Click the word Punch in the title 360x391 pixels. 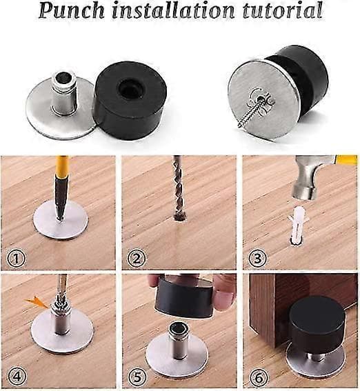click(72, 10)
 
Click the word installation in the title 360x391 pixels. click(174, 10)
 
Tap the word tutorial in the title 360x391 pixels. click(283, 10)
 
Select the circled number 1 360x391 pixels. click(16, 258)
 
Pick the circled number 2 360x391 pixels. click(137, 259)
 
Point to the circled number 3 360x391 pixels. click(258, 258)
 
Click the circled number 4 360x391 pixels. click(17, 376)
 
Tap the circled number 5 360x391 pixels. click(138, 377)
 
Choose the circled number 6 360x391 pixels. click(259, 377)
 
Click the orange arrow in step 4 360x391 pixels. click(35, 302)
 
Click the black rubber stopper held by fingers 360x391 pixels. click(185, 297)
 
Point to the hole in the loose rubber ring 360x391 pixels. click(130, 88)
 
